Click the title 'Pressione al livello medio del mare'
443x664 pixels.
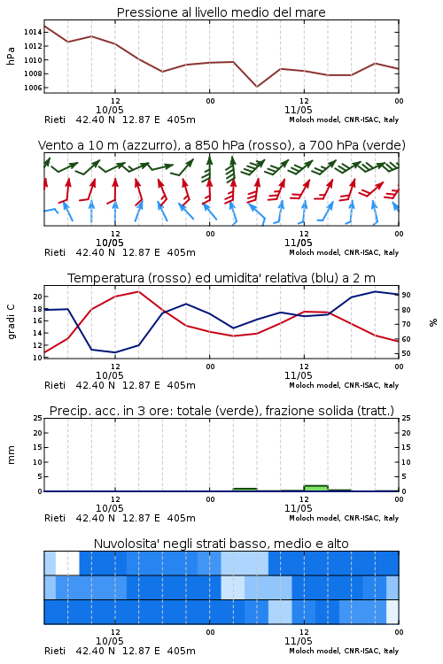(x=221, y=12)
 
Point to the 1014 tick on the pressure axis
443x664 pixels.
(x=33, y=32)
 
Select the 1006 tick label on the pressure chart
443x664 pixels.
(x=33, y=88)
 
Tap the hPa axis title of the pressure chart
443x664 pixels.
(x=11, y=56)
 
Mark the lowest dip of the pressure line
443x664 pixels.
(x=256, y=87)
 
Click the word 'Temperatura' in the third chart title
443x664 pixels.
(x=106, y=278)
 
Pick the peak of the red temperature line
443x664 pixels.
(x=138, y=291)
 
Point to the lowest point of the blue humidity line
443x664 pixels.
(x=115, y=352)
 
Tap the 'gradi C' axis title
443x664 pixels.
(x=11, y=322)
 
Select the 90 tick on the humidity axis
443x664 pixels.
(x=406, y=295)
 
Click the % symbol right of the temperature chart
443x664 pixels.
(x=433, y=322)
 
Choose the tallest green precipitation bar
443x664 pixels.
(x=315, y=488)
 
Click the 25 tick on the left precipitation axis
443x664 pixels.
(x=38, y=418)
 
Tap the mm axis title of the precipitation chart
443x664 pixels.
(x=11, y=455)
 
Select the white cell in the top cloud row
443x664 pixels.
(x=67, y=563)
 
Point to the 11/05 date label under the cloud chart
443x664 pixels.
(x=299, y=641)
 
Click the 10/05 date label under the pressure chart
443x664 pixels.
(x=110, y=110)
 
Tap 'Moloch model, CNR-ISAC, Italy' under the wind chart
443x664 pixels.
(x=344, y=252)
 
